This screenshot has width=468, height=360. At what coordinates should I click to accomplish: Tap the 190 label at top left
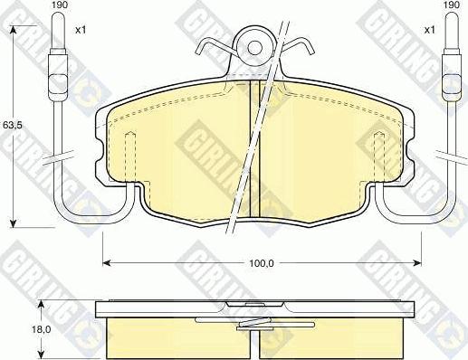click(x=59, y=5)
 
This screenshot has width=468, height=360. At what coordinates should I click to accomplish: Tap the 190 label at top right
click(x=450, y=5)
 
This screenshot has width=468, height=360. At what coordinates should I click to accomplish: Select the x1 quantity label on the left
click(x=80, y=30)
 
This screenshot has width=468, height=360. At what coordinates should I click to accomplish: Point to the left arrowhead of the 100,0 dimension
click(x=104, y=262)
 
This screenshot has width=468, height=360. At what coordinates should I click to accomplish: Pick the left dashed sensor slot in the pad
click(x=129, y=154)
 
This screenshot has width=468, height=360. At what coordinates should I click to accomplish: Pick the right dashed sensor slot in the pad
click(x=379, y=154)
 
